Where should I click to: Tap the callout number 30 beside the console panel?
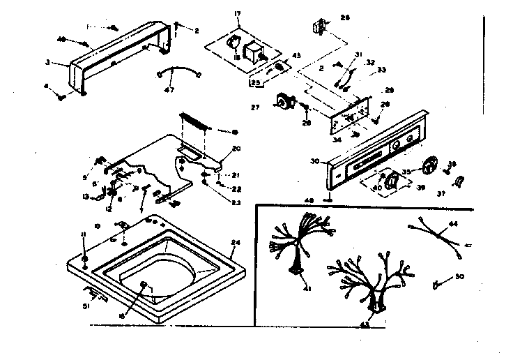(x=316, y=162)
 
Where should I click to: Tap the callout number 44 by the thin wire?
(x=454, y=223)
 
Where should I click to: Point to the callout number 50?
(x=459, y=277)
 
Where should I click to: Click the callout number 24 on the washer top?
(x=235, y=243)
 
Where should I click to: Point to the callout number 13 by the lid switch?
(x=85, y=197)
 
